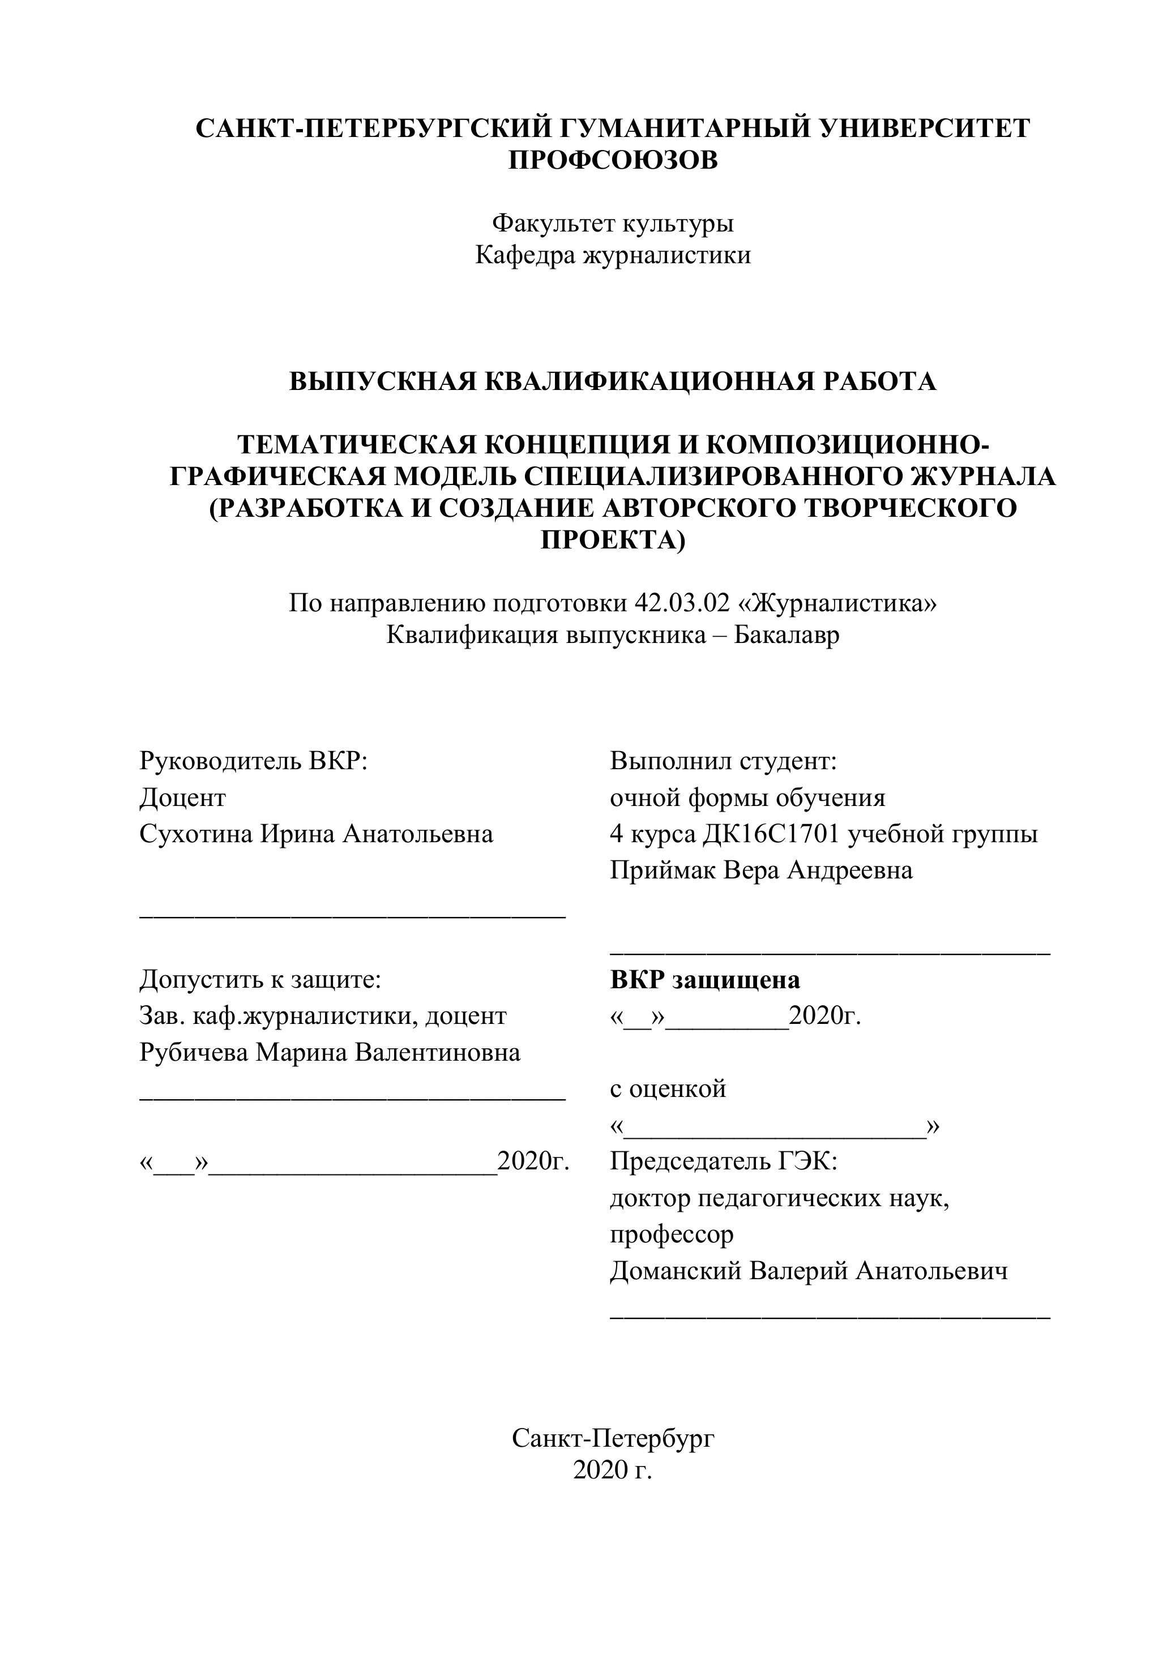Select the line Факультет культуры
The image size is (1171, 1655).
[x=613, y=224]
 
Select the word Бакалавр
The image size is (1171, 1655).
[x=787, y=635]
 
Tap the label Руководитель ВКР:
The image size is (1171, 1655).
[x=254, y=761]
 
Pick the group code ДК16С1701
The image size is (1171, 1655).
[x=772, y=834]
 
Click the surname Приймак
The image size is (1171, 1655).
[x=663, y=870]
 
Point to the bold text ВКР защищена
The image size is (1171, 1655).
[x=704, y=980]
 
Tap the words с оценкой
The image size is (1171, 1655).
[x=668, y=1088]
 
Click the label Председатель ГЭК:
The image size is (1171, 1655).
[x=723, y=1161]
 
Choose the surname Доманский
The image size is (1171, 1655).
[x=676, y=1270]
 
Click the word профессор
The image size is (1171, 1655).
[x=672, y=1234]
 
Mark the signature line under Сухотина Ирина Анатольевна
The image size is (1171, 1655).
[x=352, y=915]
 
